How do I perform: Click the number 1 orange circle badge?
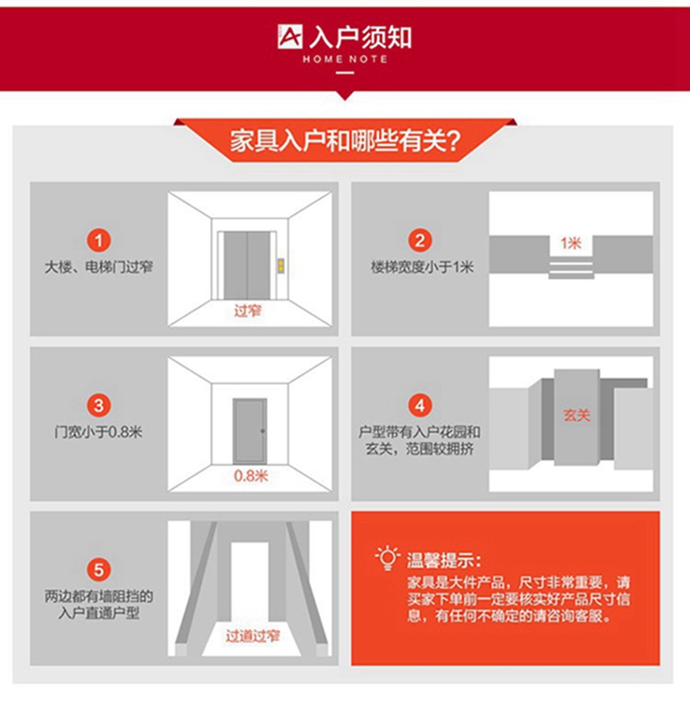click(98, 241)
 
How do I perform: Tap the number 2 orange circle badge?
click(420, 241)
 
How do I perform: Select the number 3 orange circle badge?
click(98, 405)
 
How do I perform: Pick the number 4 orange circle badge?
click(420, 405)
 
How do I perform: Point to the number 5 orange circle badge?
click(98, 570)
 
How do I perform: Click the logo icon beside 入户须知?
click(290, 37)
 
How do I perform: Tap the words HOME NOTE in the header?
click(345, 59)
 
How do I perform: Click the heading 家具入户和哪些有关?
click(345, 141)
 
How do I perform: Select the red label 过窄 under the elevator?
click(247, 311)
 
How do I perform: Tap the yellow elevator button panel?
click(282, 265)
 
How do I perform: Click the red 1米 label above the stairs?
click(570, 243)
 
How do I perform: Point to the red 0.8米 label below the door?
click(250, 475)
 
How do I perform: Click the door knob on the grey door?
click(263, 431)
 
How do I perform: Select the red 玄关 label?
click(577, 415)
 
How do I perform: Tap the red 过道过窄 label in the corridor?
click(252, 636)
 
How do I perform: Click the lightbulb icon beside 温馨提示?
click(387, 558)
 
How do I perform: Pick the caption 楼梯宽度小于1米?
click(422, 266)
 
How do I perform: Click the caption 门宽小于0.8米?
click(98, 432)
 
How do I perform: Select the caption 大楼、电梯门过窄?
click(98, 266)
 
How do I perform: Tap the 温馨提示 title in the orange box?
click(443, 560)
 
